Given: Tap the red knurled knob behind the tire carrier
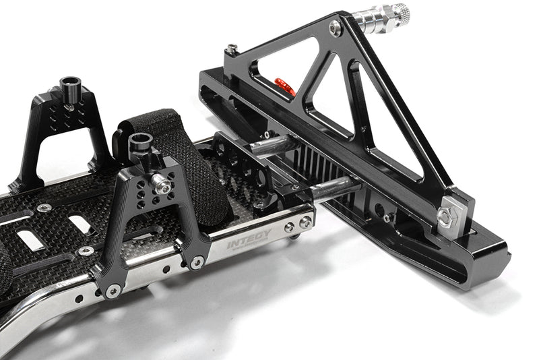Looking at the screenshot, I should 284,86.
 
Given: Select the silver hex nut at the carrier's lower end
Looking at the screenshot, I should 447,216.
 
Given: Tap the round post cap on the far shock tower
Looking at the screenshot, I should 69,85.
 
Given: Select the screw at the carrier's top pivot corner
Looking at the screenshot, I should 336,28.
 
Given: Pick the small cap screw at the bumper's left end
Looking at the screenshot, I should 232,49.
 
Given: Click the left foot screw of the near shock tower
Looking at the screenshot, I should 113,291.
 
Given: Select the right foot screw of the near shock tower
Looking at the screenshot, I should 196,262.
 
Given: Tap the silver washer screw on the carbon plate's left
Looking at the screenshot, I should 44,208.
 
